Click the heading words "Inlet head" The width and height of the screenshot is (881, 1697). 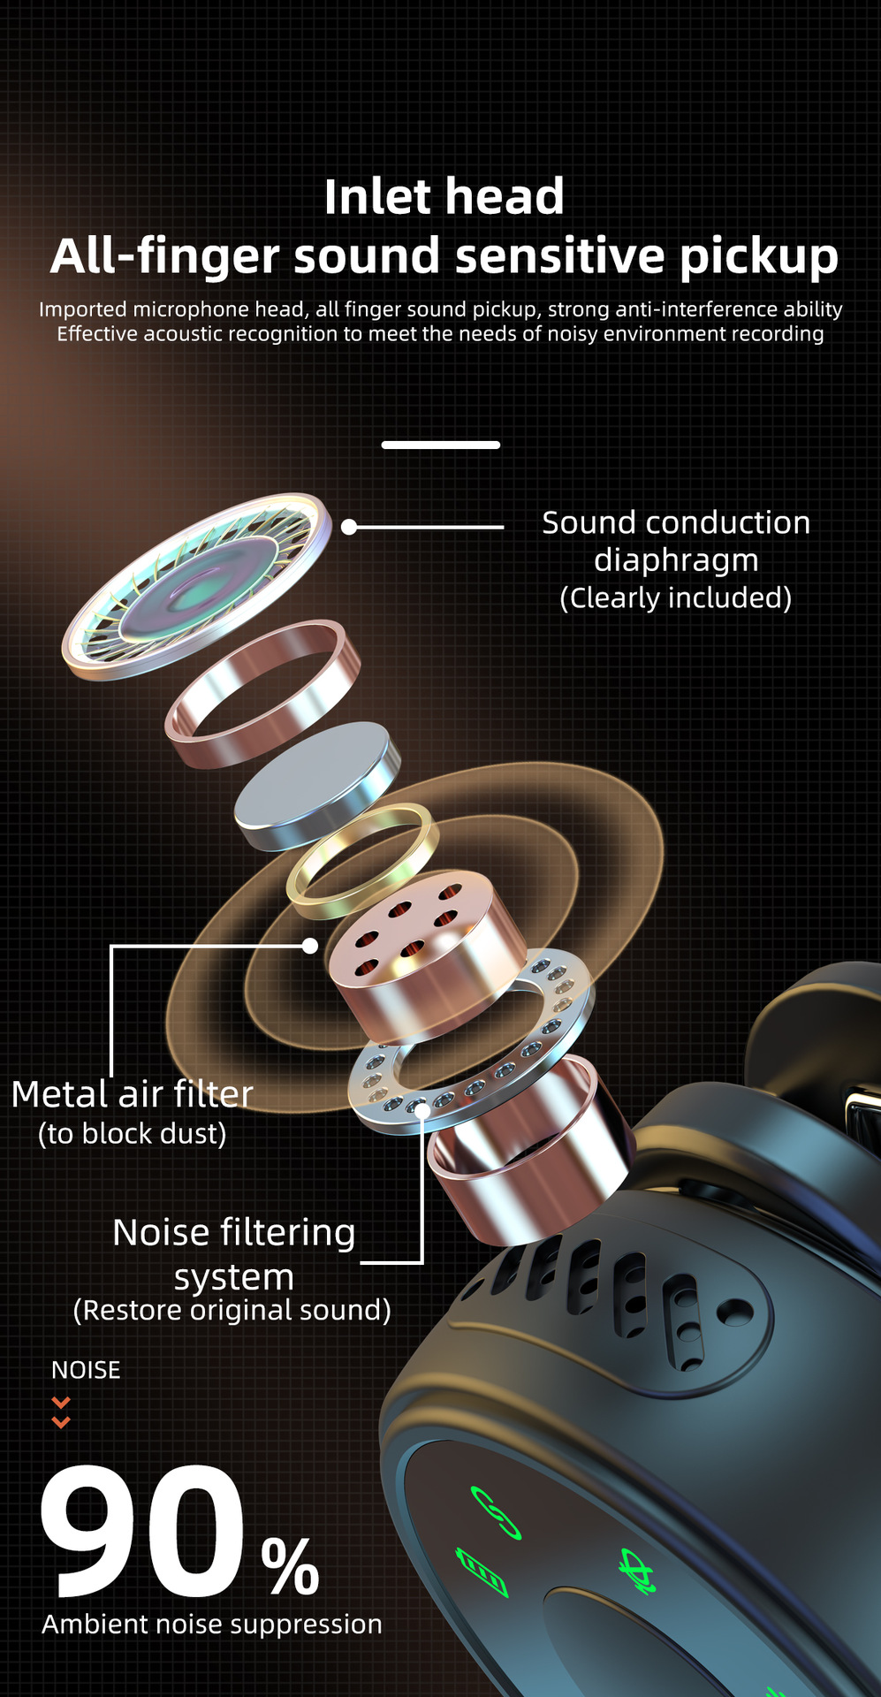[444, 196]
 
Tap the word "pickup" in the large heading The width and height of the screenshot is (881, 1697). [758, 256]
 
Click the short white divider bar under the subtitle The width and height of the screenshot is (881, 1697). [440, 445]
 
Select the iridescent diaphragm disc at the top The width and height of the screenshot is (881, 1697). [196, 585]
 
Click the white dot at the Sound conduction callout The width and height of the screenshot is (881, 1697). [349, 527]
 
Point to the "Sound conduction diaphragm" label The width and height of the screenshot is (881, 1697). [676, 541]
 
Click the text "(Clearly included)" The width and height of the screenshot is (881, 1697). [676, 598]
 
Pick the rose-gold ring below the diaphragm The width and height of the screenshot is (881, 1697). [262, 694]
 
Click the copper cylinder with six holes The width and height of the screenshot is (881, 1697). [424, 955]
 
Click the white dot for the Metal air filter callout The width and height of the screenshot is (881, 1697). [310, 946]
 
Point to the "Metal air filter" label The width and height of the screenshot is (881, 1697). [133, 1094]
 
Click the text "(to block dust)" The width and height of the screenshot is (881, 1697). [133, 1134]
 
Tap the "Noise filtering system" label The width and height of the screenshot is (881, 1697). [234, 1254]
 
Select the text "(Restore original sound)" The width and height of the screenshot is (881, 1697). [232, 1310]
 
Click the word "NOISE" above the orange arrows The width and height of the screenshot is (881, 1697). [86, 1370]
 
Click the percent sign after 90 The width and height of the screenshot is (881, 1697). [290, 1566]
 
